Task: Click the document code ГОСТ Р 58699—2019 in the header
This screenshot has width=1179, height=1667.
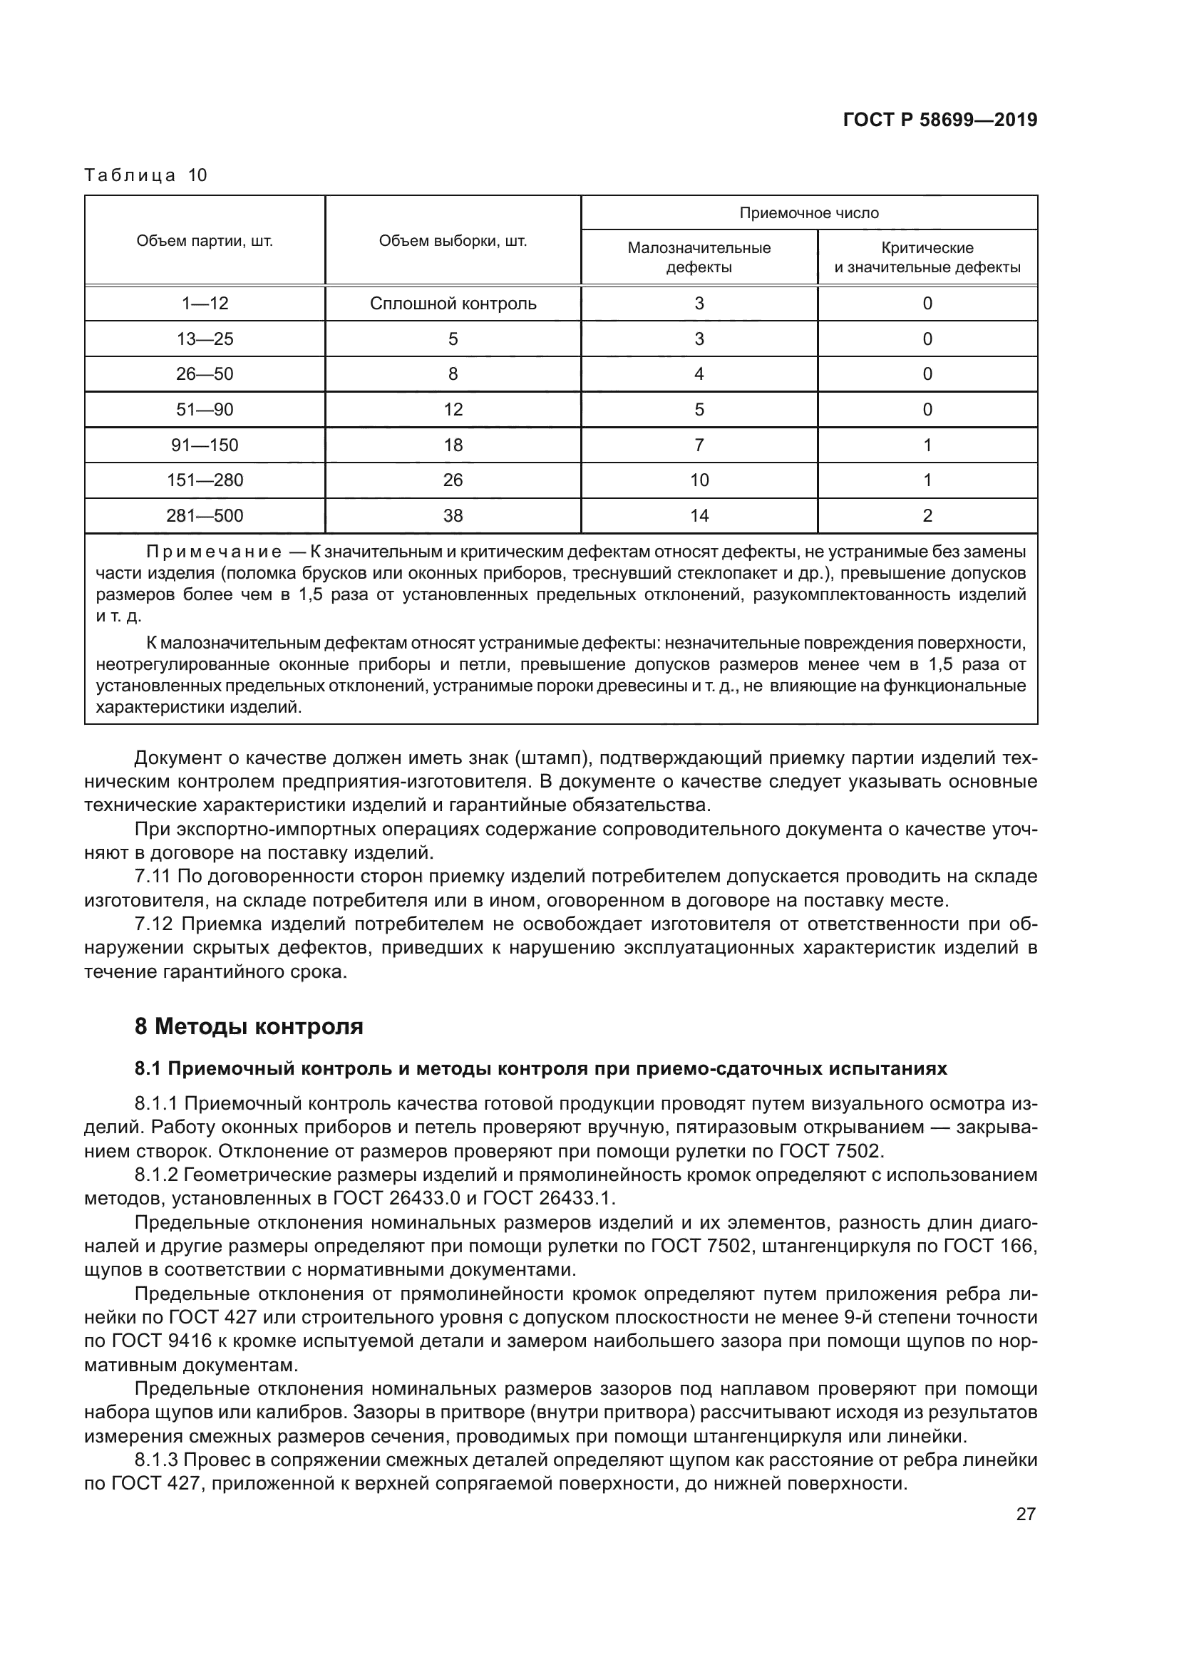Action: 939,120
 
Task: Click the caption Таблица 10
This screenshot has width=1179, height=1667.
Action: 146,175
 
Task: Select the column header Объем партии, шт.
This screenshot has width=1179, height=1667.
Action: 205,241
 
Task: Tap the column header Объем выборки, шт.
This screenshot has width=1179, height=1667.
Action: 453,241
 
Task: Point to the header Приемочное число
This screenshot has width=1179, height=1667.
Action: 809,212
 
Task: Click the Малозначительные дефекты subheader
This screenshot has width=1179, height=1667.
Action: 699,257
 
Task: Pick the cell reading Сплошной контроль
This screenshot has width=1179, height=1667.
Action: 453,304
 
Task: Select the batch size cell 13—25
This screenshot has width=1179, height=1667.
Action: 205,339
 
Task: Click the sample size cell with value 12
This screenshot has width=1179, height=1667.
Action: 453,410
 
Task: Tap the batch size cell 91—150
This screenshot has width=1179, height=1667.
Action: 205,445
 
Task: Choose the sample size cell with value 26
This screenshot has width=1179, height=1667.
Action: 453,480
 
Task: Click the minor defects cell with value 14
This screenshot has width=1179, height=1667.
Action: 699,515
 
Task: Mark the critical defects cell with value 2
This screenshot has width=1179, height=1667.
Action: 927,515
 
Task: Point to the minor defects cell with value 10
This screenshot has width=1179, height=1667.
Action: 699,480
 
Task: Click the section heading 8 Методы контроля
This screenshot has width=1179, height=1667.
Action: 248,1026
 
